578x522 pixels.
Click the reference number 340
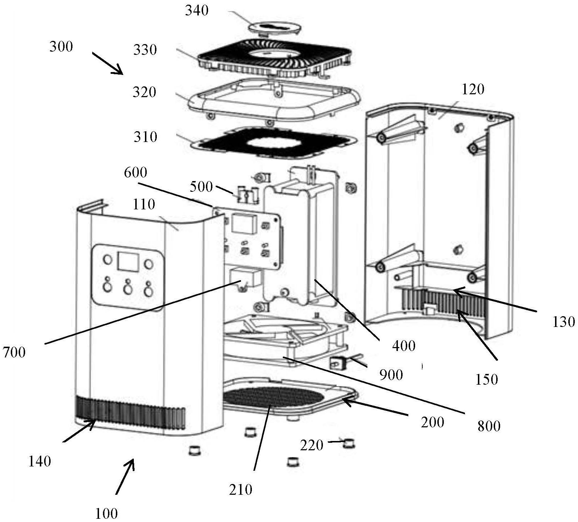pyautogui.click(x=197, y=11)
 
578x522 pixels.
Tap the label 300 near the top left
pyautogui.click(x=61, y=47)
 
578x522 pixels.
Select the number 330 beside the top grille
pyautogui.click(x=145, y=50)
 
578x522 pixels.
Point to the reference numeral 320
pyautogui.click(x=144, y=92)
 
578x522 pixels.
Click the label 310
pyautogui.click(x=145, y=137)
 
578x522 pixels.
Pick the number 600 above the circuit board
pyautogui.click(x=136, y=172)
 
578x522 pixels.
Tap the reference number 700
pyautogui.click(x=14, y=352)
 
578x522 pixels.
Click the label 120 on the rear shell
pyautogui.click(x=473, y=89)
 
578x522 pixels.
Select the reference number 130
pyautogui.click(x=564, y=322)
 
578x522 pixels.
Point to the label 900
pyautogui.click(x=391, y=375)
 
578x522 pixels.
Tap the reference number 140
pyautogui.click(x=39, y=461)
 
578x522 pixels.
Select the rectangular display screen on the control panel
pyautogui.click(x=128, y=262)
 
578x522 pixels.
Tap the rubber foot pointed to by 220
pyautogui.click(x=349, y=444)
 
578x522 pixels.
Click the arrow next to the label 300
pyautogui.click(x=107, y=63)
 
